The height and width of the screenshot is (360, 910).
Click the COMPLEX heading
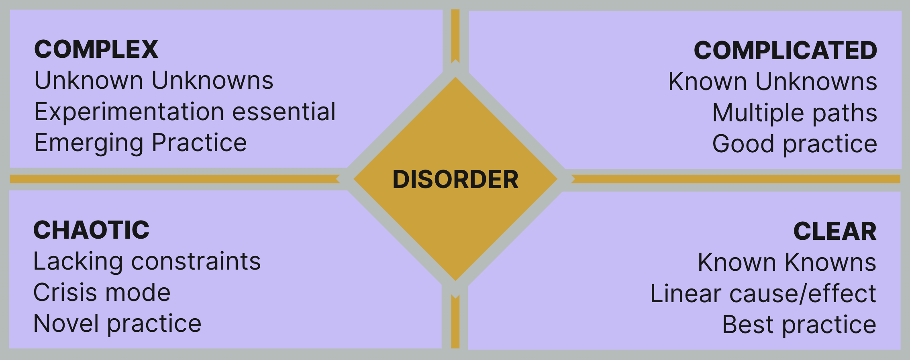[96, 49]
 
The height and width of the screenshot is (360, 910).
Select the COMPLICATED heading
[785, 51]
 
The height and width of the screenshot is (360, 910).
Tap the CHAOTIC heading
[91, 230]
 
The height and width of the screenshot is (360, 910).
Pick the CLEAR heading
[835, 231]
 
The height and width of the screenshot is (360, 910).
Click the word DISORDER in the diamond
[455, 179]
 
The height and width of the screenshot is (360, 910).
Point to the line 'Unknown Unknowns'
[154, 80]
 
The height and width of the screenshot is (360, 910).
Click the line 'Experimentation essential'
[185, 112]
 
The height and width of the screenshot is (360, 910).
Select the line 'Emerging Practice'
[141, 143]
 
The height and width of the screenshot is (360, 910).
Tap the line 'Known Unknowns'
[772, 82]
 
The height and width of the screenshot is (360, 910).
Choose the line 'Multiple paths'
[794, 113]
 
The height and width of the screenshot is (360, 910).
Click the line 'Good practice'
[794, 144]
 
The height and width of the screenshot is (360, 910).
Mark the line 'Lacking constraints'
[147, 262]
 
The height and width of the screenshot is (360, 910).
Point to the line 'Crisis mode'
[102, 292]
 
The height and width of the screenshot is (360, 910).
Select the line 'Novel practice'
[117, 324]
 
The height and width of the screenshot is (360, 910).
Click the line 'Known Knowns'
[787, 262]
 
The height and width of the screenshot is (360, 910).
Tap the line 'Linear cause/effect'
[763, 294]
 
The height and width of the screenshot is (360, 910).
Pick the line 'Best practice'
[799, 325]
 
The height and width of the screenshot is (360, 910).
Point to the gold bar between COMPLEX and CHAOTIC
[173, 179]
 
